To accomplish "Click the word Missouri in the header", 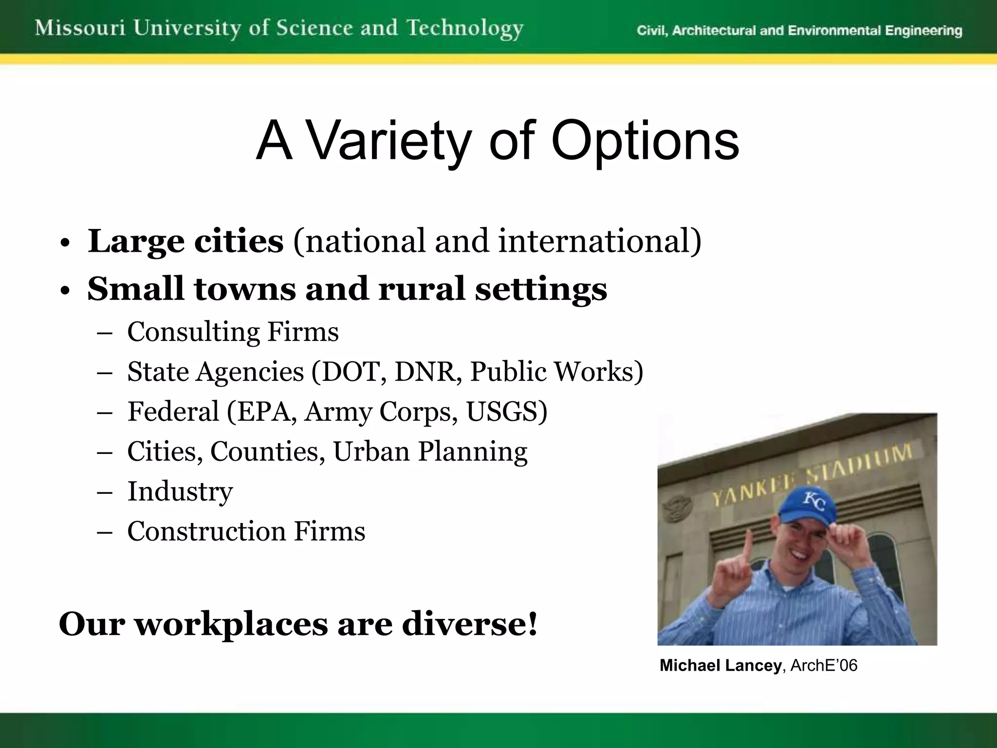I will [x=80, y=28].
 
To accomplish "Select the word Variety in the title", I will [x=390, y=142].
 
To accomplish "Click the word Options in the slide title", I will [x=645, y=142].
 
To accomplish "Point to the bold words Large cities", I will [x=185, y=241].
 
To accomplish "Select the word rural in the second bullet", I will [x=422, y=288].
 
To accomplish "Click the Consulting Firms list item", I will [x=233, y=332].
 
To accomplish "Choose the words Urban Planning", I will [x=430, y=451].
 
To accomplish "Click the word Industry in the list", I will [x=180, y=491].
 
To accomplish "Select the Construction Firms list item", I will [x=246, y=531].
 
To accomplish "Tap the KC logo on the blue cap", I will [x=813, y=501].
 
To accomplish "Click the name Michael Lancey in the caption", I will [x=720, y=666].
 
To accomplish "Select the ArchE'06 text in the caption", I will [x=824, y=666].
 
